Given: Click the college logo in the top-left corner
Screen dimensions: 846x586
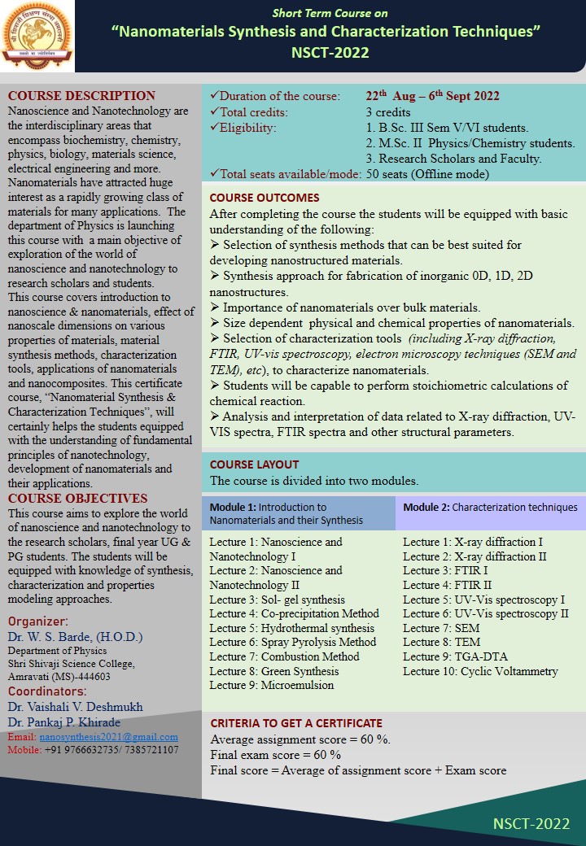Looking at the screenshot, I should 36,34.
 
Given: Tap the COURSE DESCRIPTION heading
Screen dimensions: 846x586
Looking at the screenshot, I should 81,96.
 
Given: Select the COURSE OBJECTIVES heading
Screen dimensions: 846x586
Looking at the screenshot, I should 78,499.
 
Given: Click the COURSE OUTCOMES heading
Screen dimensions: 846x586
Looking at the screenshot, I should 265,198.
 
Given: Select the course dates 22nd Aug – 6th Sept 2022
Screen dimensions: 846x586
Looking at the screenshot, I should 432,96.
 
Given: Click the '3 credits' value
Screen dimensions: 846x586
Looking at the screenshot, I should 388,112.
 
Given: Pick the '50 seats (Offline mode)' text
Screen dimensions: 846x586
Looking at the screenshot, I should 427,173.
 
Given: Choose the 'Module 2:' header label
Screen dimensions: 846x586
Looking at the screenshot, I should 426,507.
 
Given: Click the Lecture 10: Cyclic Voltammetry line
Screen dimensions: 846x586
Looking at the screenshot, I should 480,671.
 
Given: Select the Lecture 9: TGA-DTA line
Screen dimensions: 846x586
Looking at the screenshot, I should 450,656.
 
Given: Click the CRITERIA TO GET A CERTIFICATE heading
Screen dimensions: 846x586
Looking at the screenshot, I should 296,723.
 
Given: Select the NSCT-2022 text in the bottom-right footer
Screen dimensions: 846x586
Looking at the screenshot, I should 531,823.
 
